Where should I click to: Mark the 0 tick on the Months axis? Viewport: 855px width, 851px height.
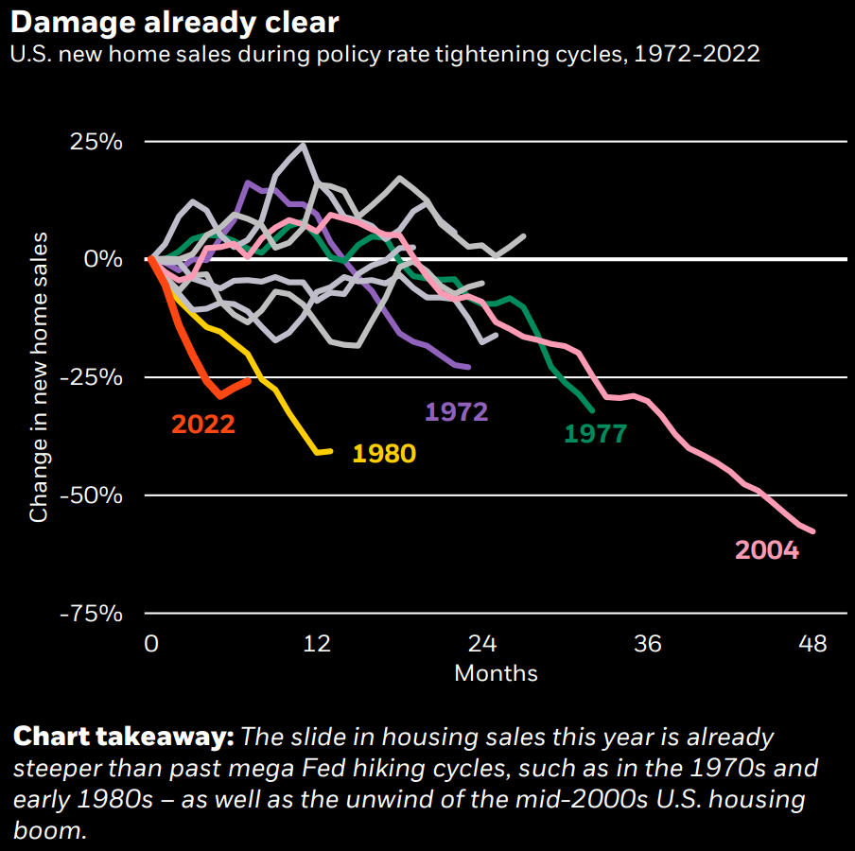click(151, 645)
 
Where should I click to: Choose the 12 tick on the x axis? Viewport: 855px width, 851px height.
click(317, 645)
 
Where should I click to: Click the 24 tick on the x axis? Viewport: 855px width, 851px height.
click(482, 645)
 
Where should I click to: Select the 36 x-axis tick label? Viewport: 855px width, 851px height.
click(648, 645)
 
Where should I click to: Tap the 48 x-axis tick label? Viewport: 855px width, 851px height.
click(813, 645)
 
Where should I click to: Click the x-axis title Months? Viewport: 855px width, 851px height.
click(496, 673)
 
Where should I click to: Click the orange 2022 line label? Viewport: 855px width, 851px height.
click(202, 424)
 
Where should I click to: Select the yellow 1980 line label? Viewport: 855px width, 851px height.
click(383, 454)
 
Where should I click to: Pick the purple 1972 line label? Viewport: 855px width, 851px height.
click(456, 411)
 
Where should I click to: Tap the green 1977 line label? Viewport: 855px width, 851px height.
click(595, 434)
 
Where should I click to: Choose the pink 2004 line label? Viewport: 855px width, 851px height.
click(766, 549)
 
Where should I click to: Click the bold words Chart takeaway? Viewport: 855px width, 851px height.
click(123, 737)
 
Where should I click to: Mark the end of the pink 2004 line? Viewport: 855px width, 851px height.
click(812, 531)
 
